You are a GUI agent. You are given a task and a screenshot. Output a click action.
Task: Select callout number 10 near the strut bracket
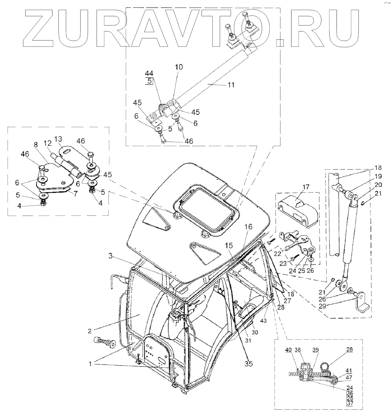click(179, 67)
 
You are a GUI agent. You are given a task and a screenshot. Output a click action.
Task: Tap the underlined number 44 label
click(149, 73)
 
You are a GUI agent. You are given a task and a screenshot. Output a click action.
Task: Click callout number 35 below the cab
click(249, 363)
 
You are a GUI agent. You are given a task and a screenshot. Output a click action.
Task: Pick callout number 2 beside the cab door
click(90, 331)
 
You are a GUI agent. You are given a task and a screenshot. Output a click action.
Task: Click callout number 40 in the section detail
click(288, 350)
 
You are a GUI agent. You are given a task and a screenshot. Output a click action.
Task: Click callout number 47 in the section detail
click(349, 377)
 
